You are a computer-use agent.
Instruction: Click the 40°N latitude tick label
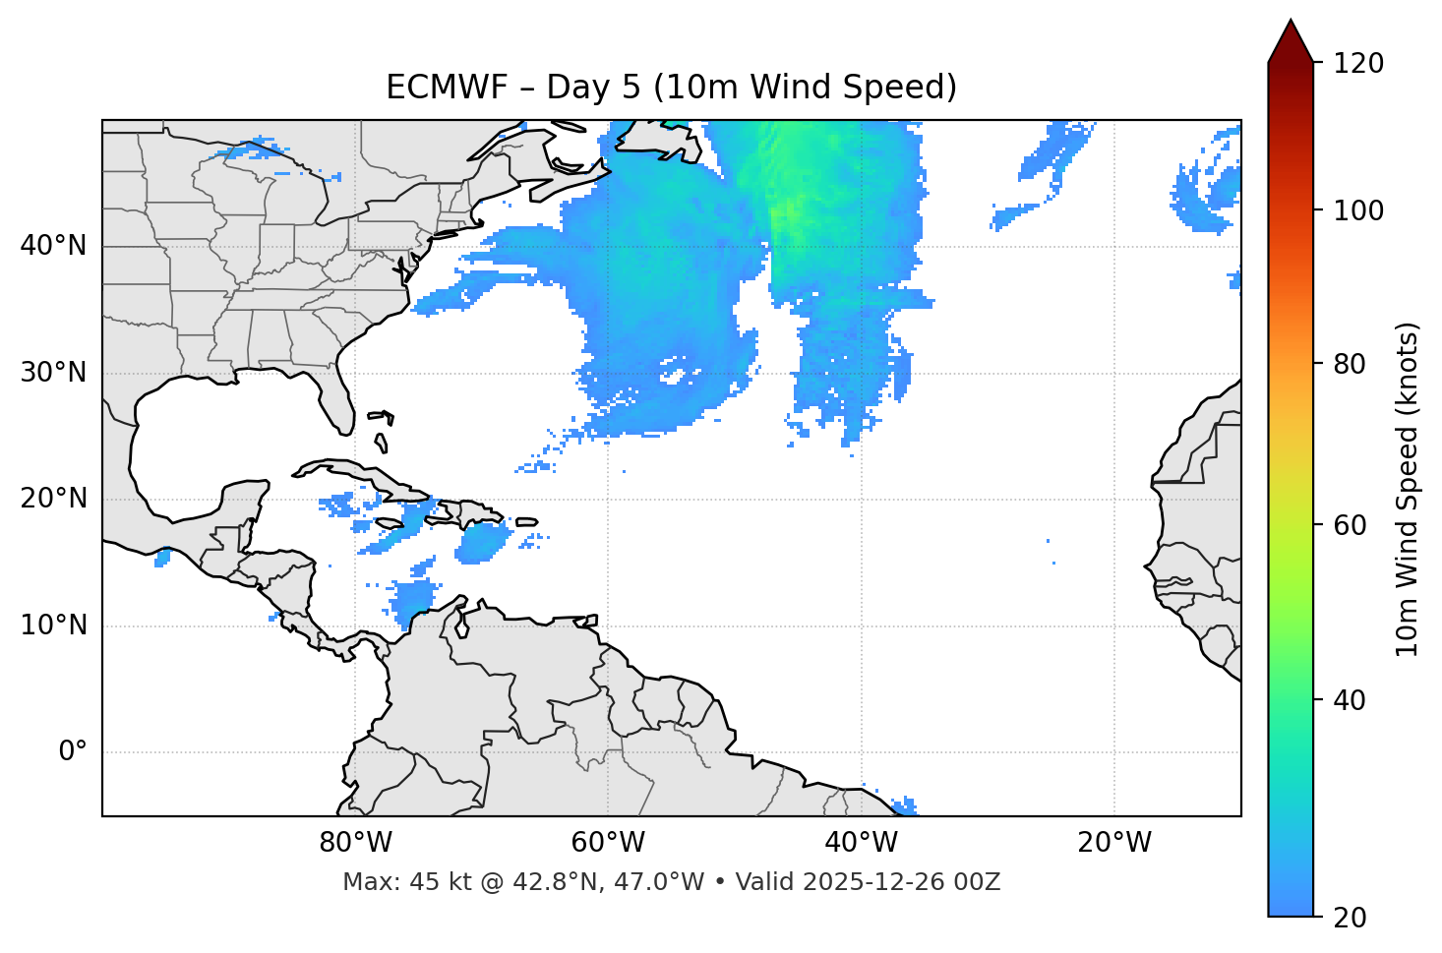53,246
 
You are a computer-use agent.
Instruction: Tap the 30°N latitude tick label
53,373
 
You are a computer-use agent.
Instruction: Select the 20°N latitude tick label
53,499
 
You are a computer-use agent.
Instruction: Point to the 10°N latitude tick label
53,625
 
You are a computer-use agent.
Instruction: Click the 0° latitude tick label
73,752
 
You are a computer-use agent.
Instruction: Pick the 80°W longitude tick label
355,843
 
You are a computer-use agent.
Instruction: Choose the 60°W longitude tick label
608,843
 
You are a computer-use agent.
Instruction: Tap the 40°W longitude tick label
861,843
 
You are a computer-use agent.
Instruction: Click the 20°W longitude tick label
1113,843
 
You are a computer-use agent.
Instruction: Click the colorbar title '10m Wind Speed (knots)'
1408,489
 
